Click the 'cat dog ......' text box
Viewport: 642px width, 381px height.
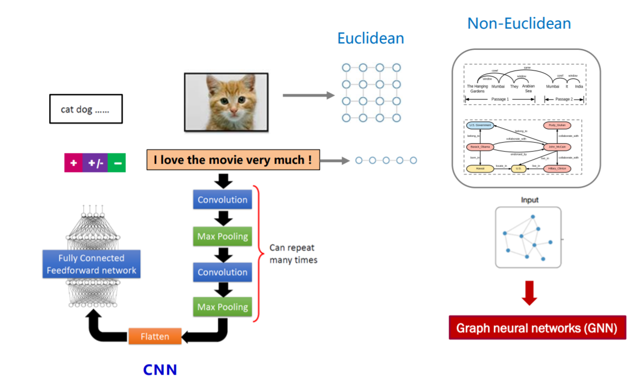pyautogui.click(x=86, y=109)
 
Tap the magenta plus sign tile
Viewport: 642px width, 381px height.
pyautogui.click(x=73, y=163)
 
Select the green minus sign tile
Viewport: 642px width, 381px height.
pyautogui.click(x=117, y=163)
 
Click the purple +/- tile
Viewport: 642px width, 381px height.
pyautogui.click(x=95, y=163)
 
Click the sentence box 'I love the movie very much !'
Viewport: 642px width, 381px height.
pyautogui.click(x=233, y=160)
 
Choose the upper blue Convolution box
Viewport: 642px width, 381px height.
pyautogui.click(x=222, y=200)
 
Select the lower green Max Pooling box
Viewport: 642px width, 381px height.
pyautogui.click(x=222, y=307)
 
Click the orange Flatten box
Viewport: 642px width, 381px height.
pyautogui.click(x=155, y=336)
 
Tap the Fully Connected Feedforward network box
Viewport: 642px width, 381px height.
pyautogui.click(x=92, y=264)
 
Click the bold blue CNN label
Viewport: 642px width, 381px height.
pyautogui.click(x=160, y=369)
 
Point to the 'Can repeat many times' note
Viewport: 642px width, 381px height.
pyautogui.click(x=293, y=253)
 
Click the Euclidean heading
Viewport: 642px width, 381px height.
pyautogui.click(x=370, y=38)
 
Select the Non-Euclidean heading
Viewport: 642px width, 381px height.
pyautogui.click(x=519, y=23)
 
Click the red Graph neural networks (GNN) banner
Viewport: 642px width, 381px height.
pyautogui.click(x=537, y=328)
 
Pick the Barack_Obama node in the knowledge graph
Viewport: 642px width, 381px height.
pyautogui.click(x=480, y=147)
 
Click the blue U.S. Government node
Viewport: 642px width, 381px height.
pyautogui.click(x=480, y=126)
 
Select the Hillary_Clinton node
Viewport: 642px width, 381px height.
pyautogui.click(x=557, y=169)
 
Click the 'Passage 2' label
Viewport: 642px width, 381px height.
pyautogui.click(x=563, y=99)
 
